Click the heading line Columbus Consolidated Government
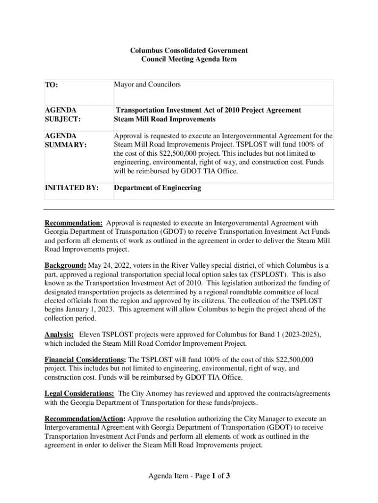[x=189, y=51]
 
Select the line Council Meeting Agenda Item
[x=189, y=59]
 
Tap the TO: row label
[x=52, y=85]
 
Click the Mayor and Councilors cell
[x=147, y=84]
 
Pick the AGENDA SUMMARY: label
[x=65, y=140]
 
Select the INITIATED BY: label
[x=72, y=188]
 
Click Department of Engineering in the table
[x=157, y=188]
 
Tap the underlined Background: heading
[x=65, y=266]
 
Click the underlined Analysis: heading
[x=59, y=335]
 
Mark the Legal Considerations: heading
[x=80, y=393]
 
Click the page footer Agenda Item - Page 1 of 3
[x=189, y=475]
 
